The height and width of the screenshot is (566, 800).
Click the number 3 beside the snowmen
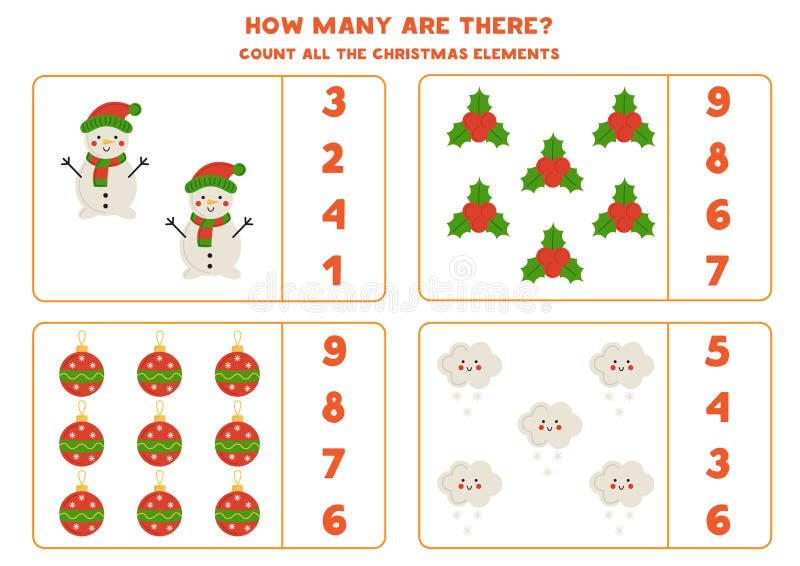click(333, 102)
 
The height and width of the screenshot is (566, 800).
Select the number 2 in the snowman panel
click(333, 158)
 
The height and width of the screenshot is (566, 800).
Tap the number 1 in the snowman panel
click(332, 270)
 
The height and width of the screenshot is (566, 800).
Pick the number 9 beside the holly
click(718, 102)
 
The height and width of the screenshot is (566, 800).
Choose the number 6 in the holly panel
click(718, 214)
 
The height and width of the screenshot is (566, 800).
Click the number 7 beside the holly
click(718, 270)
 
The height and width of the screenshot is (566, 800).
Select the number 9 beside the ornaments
click(333, 351)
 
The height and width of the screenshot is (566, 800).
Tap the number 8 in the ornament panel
click(333, 407)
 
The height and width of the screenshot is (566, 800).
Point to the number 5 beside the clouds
click(718, 351)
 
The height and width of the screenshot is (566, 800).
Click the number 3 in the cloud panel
click(718, 463)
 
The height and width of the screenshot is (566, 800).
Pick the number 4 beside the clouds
click(718, 407)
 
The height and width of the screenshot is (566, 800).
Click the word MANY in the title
click(359, 25)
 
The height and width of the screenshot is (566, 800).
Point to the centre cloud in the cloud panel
click(549, 424)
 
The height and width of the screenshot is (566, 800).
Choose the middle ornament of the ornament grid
click(159, 440)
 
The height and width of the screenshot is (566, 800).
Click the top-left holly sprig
click(479, 120)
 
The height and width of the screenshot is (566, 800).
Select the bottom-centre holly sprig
click(553, 255)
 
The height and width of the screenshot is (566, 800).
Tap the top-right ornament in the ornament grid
click(237, 368)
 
